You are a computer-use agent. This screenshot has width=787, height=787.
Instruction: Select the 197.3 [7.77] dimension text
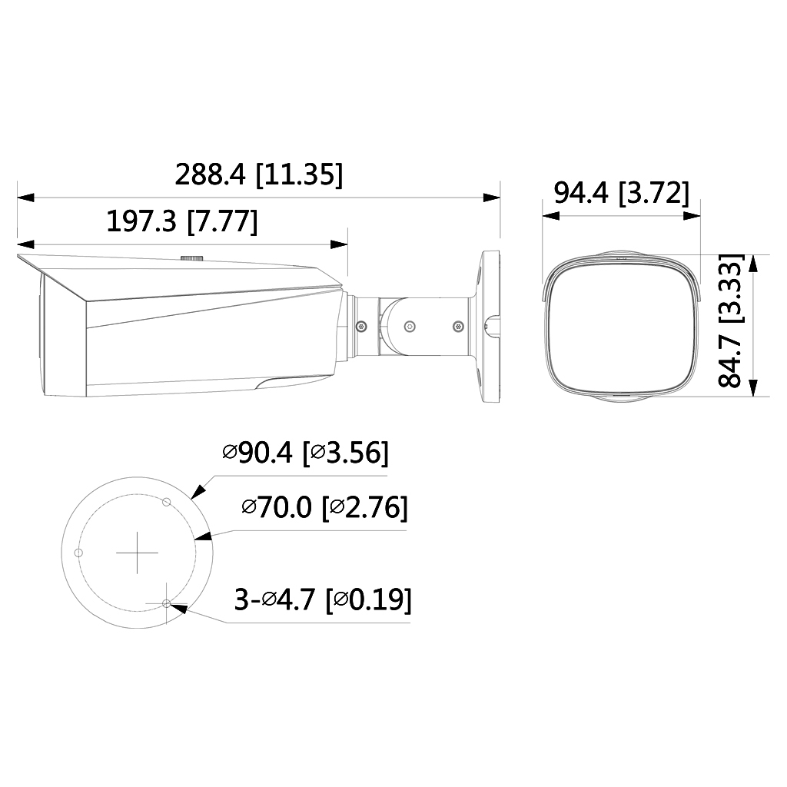pos(181,222)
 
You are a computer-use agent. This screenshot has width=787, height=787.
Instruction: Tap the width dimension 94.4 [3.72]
pos(621,193)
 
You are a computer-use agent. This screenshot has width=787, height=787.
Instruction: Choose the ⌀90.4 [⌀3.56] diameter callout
pos(305,453)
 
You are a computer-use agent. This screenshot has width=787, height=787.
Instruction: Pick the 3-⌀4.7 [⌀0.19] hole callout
pos(322,599)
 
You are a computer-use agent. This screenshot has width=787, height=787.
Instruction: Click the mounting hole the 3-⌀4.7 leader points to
pos(167,604)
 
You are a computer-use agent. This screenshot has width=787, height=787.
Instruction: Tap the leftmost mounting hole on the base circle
pos(77,553)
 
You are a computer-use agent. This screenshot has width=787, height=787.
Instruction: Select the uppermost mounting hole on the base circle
pos(166,501)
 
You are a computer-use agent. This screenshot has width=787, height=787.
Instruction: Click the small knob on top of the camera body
pos(191,259)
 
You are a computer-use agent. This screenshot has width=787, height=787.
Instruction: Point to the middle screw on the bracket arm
pos(410,326)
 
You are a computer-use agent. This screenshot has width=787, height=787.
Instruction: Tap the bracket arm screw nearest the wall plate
pos(459,326)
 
